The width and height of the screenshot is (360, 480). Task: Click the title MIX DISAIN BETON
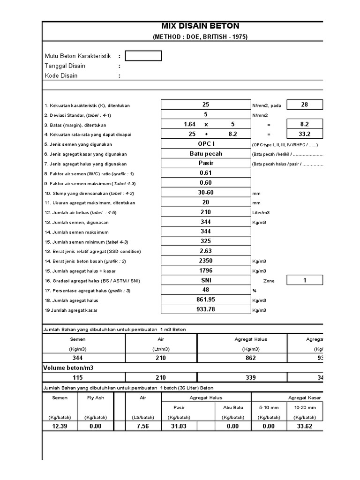(x=200, y=26)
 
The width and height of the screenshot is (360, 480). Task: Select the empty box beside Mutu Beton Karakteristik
(x=143, y=56)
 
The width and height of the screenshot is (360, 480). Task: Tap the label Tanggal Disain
(x=65, y=66)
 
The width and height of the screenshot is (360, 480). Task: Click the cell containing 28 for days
(x=304, y=105)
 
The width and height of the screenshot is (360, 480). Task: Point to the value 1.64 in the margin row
(x=190, y=124)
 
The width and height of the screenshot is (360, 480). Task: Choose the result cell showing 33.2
(x=304, y=134)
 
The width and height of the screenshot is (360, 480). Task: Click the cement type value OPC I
(x=205, y=144)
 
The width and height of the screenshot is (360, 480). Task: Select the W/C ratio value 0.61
(x=205, y=173)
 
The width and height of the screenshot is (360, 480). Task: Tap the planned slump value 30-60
(x=205, y=193)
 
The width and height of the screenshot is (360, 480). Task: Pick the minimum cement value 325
(x=205, y=241)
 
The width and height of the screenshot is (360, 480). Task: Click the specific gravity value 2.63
(x=205, y=251)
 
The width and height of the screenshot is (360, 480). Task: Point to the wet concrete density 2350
(x=205, y=261)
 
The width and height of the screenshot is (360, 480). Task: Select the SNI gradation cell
(x=205, y=280)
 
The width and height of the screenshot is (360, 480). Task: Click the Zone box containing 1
(x=304, y=280)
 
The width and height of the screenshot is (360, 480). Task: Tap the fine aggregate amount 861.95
(x=205, y=300)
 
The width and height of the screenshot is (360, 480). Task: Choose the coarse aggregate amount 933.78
(x=205, y=309)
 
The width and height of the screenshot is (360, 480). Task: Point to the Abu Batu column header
(x=232, y=407)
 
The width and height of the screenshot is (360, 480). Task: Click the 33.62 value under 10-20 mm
(x=304, y=426)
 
